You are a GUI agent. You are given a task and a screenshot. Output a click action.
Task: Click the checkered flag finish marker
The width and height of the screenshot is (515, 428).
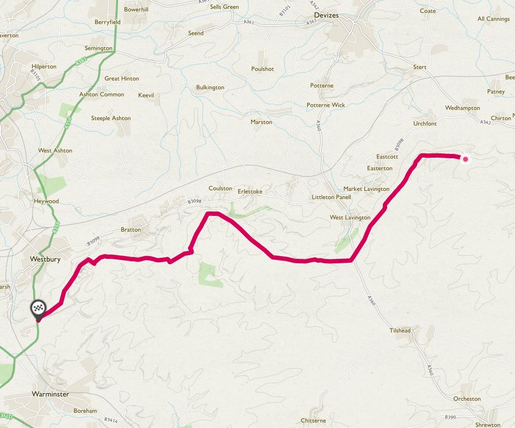tap(38, 308)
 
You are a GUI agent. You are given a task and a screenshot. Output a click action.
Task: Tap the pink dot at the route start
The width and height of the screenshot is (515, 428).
tap(466, 159)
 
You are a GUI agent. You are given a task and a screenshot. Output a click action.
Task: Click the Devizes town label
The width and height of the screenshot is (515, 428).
tap(326, 15)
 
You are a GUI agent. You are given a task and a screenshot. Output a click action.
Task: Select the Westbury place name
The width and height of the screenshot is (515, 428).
tap(45, 259)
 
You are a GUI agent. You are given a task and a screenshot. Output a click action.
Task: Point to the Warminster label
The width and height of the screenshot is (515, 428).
tap(50, 394)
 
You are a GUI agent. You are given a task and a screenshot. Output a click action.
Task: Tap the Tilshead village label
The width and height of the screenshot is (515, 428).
tap(400, 331)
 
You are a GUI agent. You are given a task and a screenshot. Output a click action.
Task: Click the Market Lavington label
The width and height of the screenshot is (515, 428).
tap(366, 189)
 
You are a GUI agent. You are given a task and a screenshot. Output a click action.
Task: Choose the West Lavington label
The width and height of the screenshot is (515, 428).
tap(350, 218)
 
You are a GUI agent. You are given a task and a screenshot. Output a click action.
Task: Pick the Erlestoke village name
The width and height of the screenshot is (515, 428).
tap(250, 191)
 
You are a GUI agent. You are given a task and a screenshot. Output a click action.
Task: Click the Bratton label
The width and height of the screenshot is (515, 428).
tap(131, 229)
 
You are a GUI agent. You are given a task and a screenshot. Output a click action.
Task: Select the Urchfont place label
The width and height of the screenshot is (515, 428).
tap(425, 123)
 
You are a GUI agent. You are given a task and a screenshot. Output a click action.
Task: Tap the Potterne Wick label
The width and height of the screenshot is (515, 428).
tap(326, 105)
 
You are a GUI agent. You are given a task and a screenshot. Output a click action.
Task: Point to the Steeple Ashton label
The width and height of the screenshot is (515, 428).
tap(111, 118)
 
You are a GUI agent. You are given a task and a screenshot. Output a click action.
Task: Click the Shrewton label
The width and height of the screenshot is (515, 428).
tap(487, 425)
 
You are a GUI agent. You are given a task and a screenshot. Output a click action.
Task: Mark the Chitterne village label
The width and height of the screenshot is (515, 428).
tap(313, 420)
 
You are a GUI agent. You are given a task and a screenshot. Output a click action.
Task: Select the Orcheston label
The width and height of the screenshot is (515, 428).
tap(467, 399)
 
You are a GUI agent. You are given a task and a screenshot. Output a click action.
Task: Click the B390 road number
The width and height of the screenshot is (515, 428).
tap(449, 417)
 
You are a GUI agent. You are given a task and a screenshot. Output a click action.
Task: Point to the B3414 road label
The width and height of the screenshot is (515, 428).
tap(110, 420)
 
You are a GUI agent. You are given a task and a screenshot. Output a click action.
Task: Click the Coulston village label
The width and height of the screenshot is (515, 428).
tap(220, 188)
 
